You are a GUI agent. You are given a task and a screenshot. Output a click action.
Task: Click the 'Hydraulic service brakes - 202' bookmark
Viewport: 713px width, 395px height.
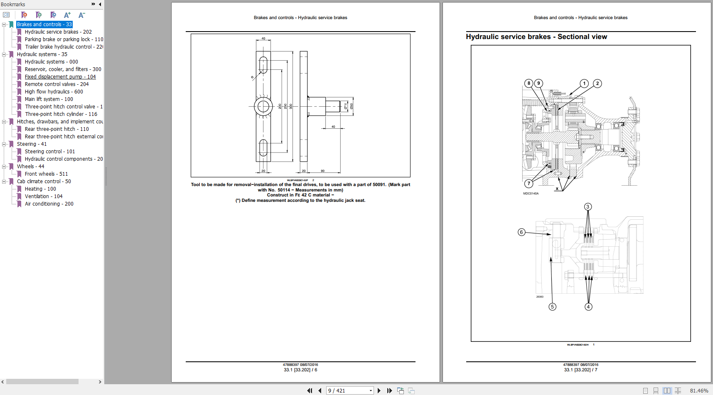58,32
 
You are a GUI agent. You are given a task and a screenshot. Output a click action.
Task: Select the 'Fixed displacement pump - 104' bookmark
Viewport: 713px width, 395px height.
60,77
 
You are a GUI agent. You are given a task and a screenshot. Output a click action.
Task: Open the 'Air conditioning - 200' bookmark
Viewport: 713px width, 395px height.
49,204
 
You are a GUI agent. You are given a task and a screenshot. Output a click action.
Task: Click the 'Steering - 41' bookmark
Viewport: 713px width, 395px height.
32,144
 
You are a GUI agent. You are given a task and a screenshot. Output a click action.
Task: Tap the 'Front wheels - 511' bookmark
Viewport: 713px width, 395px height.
46,174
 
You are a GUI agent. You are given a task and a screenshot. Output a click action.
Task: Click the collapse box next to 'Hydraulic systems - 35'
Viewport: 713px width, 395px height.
4,54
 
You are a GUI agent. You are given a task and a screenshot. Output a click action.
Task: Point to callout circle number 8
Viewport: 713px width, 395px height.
529,83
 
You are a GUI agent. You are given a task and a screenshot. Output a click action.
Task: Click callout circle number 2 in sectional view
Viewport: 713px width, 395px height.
597,83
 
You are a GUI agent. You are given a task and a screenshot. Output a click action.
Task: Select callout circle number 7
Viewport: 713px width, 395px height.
529,183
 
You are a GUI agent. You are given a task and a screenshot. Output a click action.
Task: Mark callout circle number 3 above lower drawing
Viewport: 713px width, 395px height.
588,207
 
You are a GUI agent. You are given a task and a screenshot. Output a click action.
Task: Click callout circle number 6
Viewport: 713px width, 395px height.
521,232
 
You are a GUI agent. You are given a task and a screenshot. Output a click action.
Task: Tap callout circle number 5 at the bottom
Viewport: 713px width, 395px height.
552,307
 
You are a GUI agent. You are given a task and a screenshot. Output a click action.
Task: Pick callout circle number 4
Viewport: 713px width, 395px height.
588,307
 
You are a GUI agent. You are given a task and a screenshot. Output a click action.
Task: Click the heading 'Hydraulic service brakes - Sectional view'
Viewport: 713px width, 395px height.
536,37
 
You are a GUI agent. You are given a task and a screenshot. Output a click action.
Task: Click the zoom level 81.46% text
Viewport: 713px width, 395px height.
699,390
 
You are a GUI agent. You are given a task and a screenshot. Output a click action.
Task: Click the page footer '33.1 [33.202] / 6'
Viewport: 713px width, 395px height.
300,370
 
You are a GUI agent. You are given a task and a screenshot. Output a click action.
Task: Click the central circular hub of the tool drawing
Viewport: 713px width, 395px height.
263,107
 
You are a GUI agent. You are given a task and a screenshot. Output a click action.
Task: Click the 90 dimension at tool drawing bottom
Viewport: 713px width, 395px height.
322,171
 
